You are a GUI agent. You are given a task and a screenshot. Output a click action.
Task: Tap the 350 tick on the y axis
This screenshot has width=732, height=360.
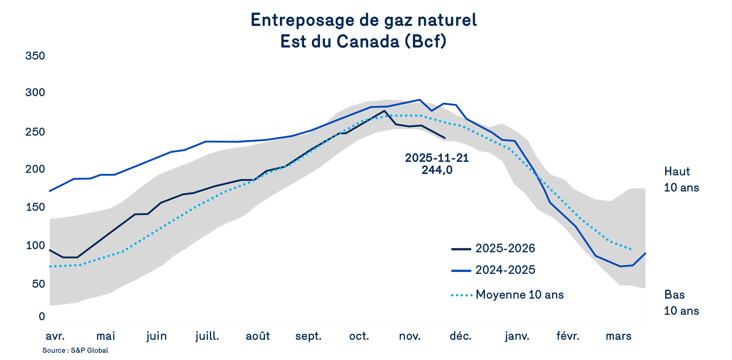coord(35,56)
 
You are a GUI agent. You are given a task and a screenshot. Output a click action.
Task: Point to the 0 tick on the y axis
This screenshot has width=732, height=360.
coord(42,317)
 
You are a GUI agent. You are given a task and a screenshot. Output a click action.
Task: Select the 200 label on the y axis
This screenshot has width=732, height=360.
coord(35,169)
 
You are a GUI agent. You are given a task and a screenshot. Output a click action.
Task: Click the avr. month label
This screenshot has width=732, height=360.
coord(55,336)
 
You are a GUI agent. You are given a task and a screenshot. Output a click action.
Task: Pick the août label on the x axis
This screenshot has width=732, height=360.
coord(258,336)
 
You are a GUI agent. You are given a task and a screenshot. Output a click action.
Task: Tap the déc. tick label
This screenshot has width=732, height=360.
coord(460,336)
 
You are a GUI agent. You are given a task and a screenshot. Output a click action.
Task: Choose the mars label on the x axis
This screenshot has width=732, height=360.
coord(619,336)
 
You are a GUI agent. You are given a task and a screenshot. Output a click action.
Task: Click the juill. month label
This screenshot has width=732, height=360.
coord(207,336)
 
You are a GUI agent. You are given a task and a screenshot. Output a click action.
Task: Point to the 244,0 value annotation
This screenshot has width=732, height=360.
coord(437,170)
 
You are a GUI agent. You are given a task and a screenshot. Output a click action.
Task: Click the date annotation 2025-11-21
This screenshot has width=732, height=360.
coord(437,158)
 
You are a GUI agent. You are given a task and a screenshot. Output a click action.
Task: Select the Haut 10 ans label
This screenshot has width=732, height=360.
coord(681,179)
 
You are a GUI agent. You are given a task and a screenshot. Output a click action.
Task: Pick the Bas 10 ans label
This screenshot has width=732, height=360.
coord(681,303)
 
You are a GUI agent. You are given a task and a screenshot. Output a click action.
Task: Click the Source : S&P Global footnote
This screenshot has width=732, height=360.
coord(75,350)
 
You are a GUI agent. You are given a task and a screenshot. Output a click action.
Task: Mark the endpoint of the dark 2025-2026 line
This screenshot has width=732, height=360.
coord(445,138)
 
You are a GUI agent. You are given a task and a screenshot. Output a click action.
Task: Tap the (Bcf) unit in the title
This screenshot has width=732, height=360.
coord(426,41)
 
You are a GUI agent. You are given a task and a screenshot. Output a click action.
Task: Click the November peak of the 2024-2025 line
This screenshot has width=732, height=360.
coord(420,100)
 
